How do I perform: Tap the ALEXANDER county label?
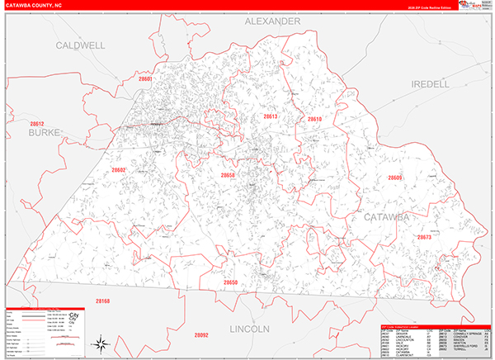pyautogui.click(x=271, y=21)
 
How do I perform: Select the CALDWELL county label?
pyautogui.click(x=80, y=46)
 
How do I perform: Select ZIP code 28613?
pyautogui.click(x=271, y=117)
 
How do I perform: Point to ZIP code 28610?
pyautogui.click(x=314, y=120)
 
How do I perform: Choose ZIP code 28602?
pyautogui.click(x=119, y=170)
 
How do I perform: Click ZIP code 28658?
pyautogui.click(x=228, y=175)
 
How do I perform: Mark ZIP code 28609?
pyautogui.click(x=395, y=178)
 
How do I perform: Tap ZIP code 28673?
pyautogui.click(x=424, y=237)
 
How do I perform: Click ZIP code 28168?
pyautogui.click(x=102, y=301)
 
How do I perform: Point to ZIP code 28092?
pyautogui.click(x=200, y=334)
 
